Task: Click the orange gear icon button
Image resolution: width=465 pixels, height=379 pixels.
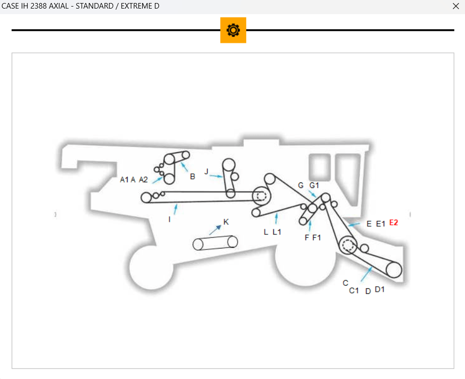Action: click(x=233, y=30)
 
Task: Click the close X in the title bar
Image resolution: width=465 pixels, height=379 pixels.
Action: click(x=456, y=6)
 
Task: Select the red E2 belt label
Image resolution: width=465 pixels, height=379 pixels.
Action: click(x=393, y=223)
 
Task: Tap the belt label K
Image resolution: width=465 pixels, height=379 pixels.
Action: click(x=226, y=222)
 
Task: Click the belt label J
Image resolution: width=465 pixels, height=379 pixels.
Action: click(x=206, y=172)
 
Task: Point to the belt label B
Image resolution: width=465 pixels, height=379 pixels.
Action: click(x=193, y=177)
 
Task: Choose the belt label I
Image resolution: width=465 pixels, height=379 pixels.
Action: click(x=169, y=220)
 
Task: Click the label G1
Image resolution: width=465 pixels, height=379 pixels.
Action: click(x=314, y=185)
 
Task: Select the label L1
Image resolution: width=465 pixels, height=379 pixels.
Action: click(x=277, y=232)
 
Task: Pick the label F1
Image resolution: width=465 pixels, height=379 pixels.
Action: click(x=316, y=237)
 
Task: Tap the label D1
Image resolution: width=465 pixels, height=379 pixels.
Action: click(x=380, y=289)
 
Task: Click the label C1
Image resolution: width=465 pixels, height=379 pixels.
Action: click(x=354, y=290)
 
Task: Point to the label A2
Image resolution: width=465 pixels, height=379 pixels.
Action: click(x=143, y=179)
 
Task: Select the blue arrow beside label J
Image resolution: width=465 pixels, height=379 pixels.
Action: click(x=217, y=176)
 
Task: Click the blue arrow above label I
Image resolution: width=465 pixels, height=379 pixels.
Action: click(x=175, y=209)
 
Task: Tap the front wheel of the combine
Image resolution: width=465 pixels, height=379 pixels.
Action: click(x=151, y=268)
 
